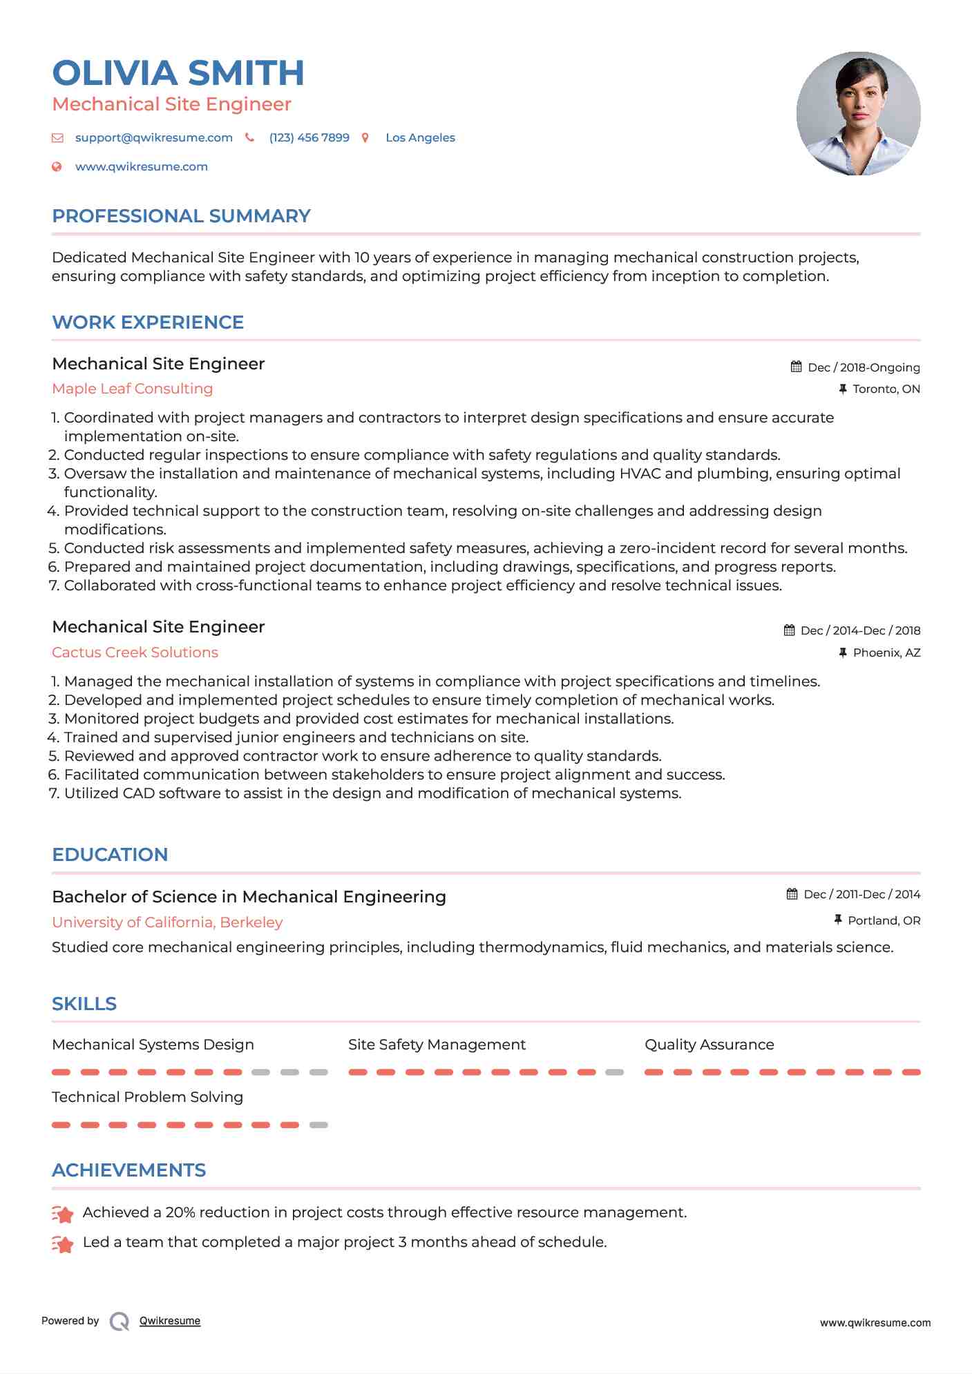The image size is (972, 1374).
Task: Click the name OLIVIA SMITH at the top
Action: pos(178,73)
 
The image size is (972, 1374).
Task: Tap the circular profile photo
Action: pos(858,113)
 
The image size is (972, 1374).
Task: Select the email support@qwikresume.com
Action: pos(153,137)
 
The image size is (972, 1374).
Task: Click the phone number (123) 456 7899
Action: pos(309,137)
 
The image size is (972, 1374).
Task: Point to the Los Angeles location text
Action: pos(420,137)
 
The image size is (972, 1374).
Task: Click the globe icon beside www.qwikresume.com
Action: pos(57,166)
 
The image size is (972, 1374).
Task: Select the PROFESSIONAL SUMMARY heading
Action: pos(181,216)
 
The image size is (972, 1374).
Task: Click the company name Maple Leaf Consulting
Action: pos(132,389)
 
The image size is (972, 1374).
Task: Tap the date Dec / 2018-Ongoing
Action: pos(864,367)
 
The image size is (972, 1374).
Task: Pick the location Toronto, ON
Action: pos(886,389)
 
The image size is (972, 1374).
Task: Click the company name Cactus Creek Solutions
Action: pos(135,652)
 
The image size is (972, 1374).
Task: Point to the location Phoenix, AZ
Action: pos(886,652)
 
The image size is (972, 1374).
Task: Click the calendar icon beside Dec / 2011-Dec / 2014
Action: pos(792,894)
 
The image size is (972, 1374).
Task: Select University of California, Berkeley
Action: pos(167,922)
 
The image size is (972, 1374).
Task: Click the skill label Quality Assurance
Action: pos(709,1045)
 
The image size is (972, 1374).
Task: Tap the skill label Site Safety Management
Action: pos(437,1045)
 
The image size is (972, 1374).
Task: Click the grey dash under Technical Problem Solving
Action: pos(318,1125)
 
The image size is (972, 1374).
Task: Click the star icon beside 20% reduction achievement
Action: pos(63,1213)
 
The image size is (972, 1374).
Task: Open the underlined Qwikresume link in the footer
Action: pos(170,1321)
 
